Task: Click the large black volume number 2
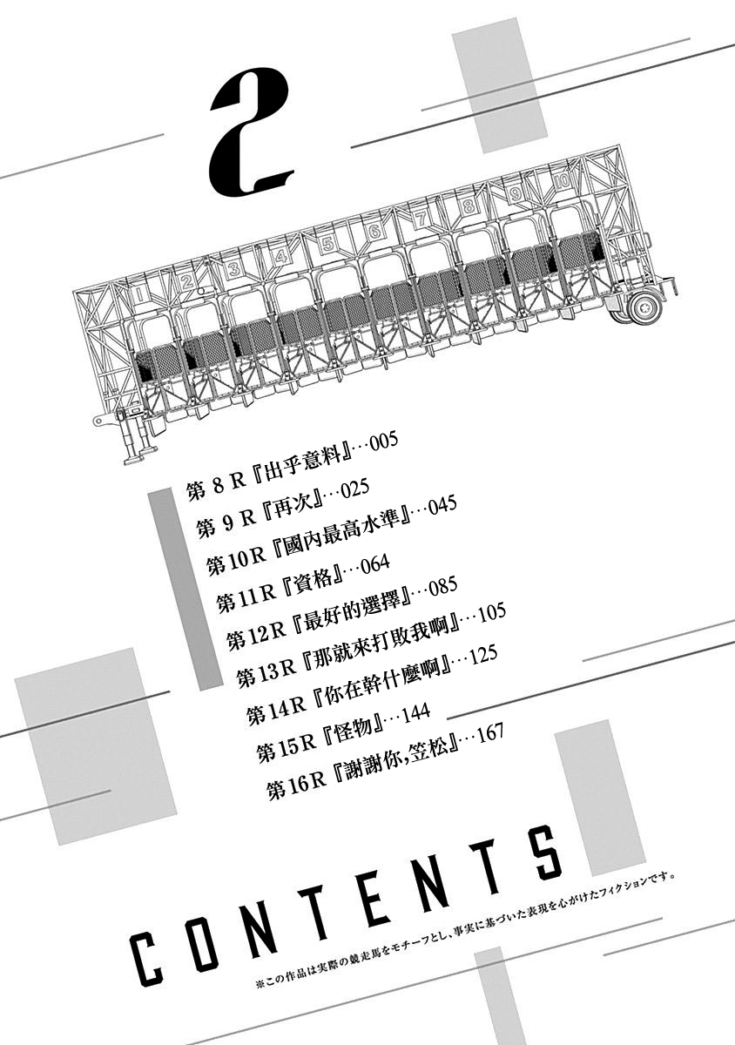point(252,133)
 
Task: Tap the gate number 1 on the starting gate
point(140,294)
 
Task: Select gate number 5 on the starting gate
point(327,244)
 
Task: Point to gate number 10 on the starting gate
point(563,180)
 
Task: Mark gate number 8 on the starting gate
point(469,206)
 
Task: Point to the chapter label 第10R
point(237,560)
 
